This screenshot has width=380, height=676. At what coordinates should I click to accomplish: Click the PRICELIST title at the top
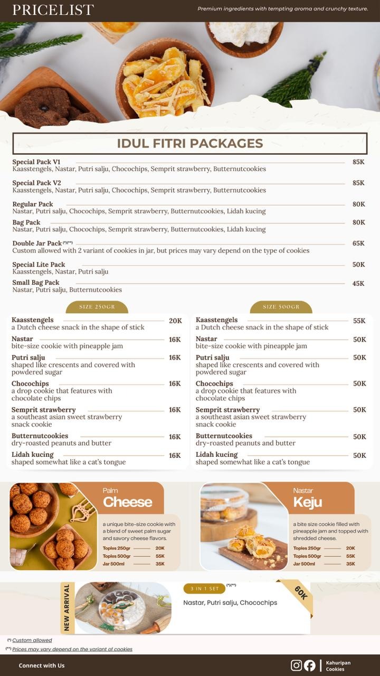coord(53,10)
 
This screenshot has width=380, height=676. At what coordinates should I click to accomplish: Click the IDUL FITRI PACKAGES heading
coord(190,143)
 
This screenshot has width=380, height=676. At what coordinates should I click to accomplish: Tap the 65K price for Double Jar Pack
coord(358,243)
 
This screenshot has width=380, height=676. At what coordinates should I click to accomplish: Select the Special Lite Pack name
coord(39,265)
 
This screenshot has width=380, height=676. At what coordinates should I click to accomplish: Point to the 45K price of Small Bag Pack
coord(358,284)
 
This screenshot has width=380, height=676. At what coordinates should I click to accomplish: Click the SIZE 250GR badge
coord(97,307)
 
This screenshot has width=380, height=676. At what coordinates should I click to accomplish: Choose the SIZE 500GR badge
coord(281,307)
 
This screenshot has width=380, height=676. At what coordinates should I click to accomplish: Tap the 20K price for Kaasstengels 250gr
coord(175,321)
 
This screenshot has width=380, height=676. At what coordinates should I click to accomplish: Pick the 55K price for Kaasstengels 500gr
coord(359,321)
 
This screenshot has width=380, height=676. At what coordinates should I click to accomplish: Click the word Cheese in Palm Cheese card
coord(128,502)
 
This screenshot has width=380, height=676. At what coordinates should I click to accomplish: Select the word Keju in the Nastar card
coord(308,502)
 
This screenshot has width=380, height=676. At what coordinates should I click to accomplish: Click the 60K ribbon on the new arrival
coord(300,593)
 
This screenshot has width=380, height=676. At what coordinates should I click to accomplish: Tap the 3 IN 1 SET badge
coord(204,589)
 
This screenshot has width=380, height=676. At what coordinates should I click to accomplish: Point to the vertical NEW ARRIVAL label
coord(67,607)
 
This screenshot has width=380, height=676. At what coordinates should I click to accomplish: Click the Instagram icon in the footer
coord(297,665)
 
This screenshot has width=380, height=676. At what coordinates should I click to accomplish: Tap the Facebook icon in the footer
coord(310,665)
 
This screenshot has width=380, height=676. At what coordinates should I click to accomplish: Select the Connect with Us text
coord(42,665)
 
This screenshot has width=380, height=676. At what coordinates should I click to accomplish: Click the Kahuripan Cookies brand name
coord(338,665)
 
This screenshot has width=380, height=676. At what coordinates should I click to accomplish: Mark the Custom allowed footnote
coord(32,640)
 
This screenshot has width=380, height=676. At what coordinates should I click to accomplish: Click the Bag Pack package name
coord(26,222)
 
